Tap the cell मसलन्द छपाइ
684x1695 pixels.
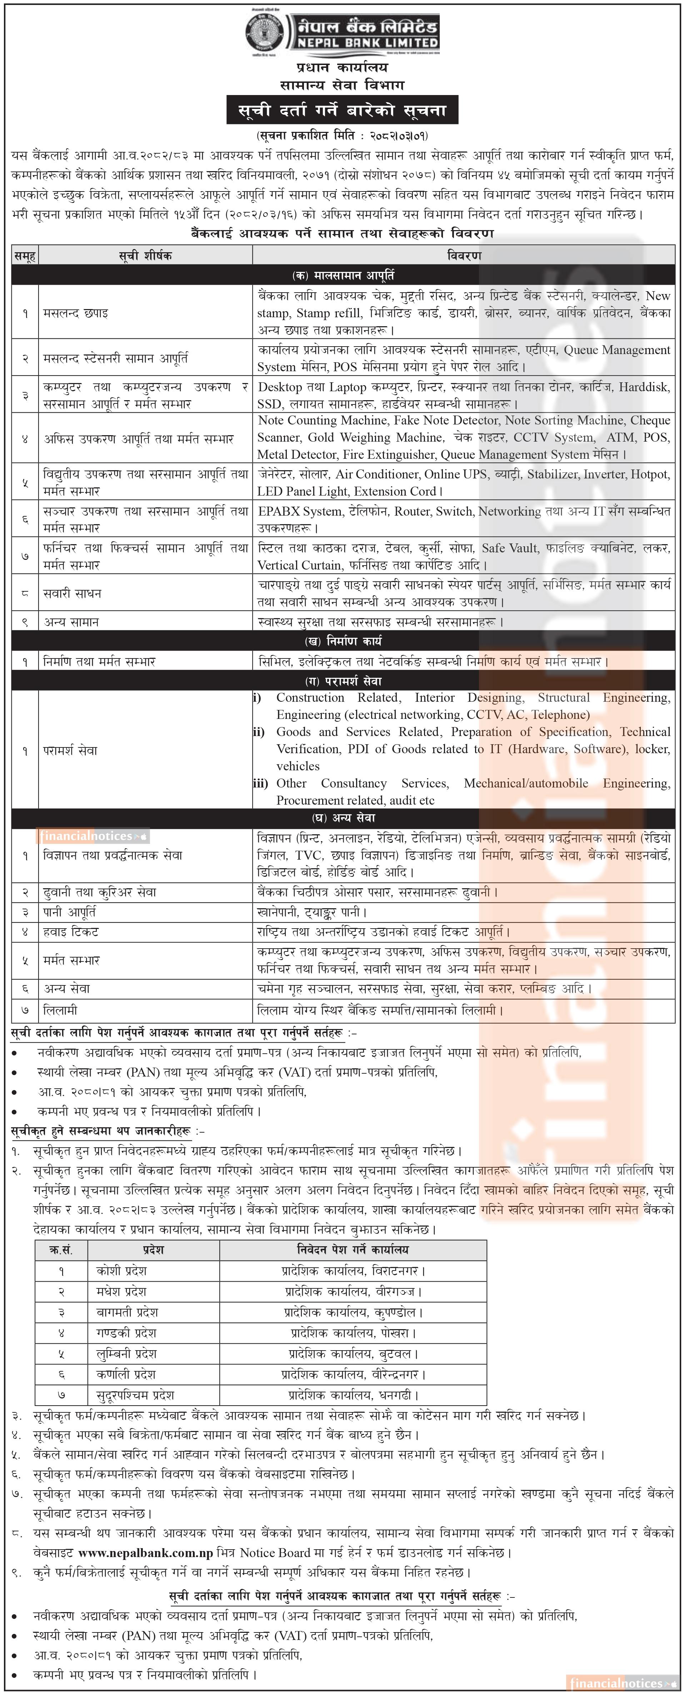(x=76, y=313)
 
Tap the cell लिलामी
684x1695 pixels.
(x=60, y=1010)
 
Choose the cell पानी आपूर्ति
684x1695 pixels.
(x=69, y=912)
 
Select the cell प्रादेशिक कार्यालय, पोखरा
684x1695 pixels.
(x=353, y=1332)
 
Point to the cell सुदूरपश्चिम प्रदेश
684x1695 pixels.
(x=135, y=1394)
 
